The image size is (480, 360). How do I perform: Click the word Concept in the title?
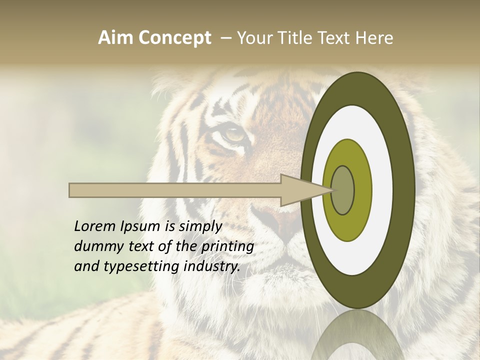click(x=175, y=38)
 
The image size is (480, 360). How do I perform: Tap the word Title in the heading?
click(x=298, y=38)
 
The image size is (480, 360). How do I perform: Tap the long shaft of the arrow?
click(x=175, y=190)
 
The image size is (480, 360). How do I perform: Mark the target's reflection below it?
click(x=358, y=335)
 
